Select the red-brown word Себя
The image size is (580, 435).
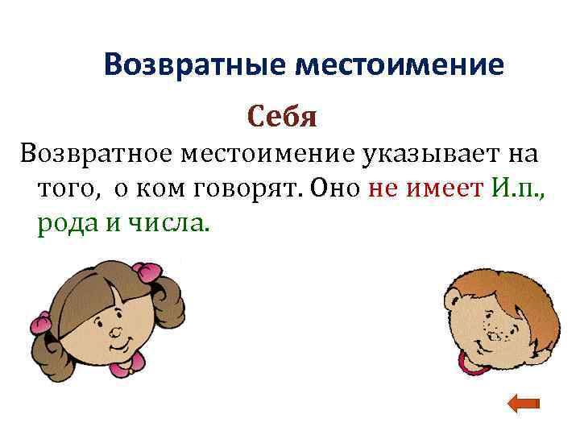coord(283,117)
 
